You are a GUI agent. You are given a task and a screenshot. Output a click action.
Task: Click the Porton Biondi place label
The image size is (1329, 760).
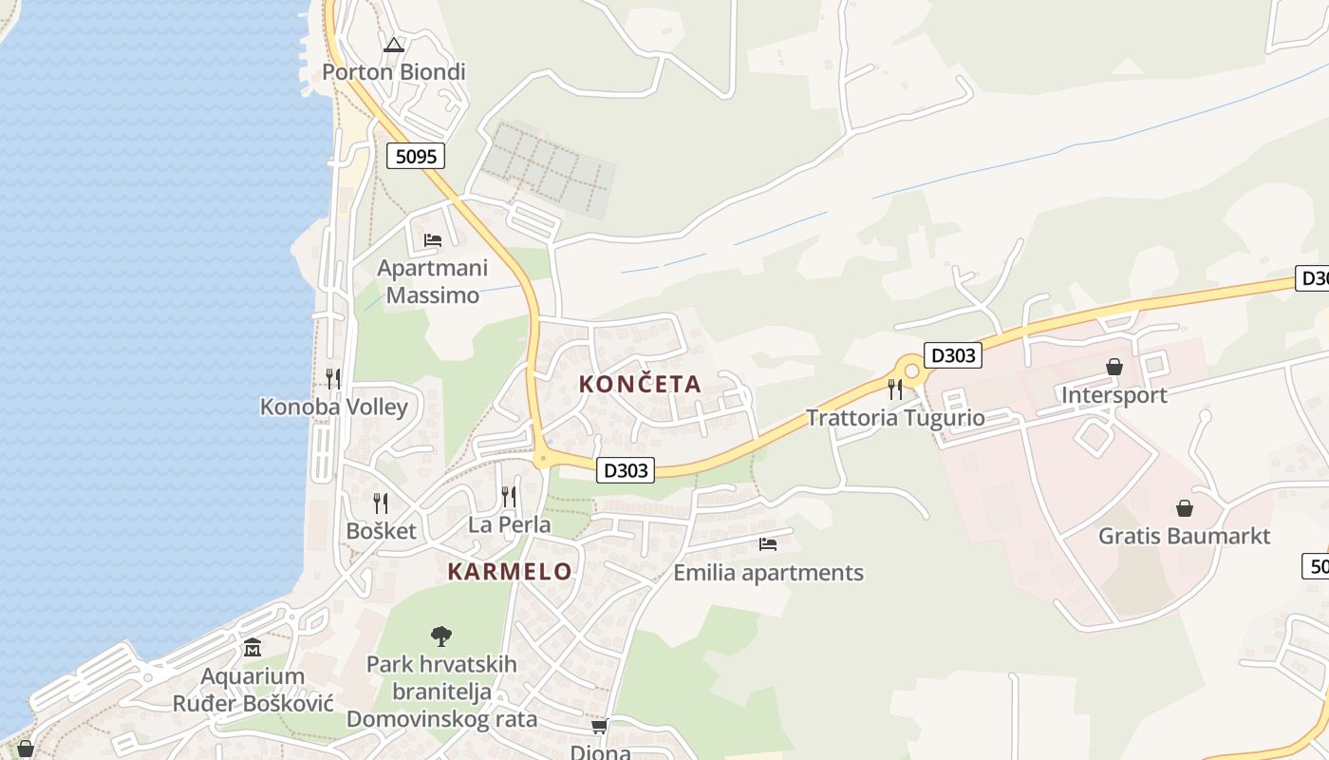[x=393, y=72]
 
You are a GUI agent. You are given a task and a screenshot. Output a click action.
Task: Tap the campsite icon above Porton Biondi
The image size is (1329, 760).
[x=394, y=44]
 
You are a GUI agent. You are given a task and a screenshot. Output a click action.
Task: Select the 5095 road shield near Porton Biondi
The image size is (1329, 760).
[x=416, y=156]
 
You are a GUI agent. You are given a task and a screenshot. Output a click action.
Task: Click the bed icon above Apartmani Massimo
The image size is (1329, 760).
[x=433, y=240]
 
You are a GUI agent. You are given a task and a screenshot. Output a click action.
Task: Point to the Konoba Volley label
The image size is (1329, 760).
[x=334, y=408]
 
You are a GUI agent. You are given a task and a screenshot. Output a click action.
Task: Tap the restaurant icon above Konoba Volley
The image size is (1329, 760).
[x=333, y=378]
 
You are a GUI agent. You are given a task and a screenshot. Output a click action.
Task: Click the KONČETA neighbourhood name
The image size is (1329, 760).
[x=640, y=385]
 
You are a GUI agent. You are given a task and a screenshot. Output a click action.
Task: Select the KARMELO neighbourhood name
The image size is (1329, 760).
[x=510, y=572]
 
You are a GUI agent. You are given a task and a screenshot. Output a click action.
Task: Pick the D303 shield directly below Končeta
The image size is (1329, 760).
[x=627, y=470]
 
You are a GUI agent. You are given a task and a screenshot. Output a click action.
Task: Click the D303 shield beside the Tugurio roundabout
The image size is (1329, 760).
[x=952, y=356]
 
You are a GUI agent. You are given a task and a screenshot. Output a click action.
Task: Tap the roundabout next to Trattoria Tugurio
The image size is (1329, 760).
[x=912, y=370]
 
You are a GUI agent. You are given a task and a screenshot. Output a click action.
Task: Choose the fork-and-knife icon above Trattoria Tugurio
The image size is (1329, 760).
[x=894, y=389]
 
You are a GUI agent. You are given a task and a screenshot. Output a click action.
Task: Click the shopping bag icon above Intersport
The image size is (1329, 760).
[x=1114, y=367]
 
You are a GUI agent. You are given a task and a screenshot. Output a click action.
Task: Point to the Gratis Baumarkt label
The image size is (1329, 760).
[x=1184, y=536]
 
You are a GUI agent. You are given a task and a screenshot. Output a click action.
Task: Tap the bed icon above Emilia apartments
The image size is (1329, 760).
[x=768, y=544]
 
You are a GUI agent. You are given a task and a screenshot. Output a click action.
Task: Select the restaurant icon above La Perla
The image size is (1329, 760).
[x=509, y=496]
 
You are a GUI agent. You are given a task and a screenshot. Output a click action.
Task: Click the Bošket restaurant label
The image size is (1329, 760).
[x=381, y=531]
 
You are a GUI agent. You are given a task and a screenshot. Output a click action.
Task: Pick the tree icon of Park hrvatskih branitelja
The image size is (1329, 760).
[x=441, y=636]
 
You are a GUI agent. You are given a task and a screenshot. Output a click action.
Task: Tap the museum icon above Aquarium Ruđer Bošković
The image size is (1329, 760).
[x=253, y=648]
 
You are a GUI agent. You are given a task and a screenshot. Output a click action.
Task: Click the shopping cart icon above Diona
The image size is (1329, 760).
[x=600, y=727]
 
